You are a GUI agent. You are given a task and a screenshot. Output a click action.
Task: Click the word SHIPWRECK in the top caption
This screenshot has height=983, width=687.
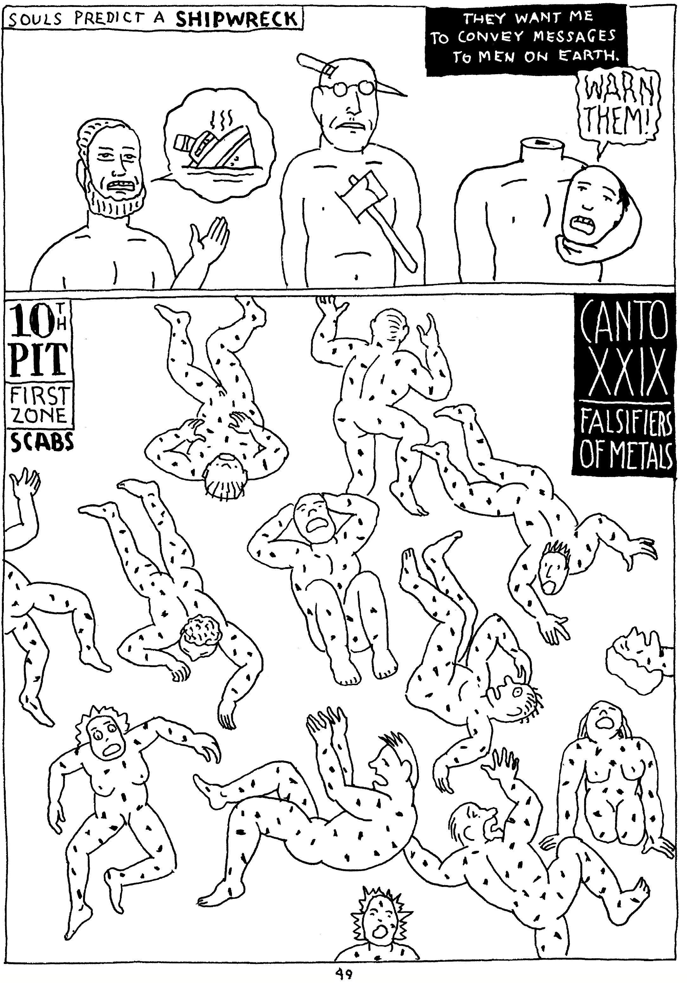pyautogui.click(x=236, y=18)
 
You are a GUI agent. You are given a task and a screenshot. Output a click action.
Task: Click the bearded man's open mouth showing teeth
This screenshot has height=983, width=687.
pyautogui.click(x=120, y=185)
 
